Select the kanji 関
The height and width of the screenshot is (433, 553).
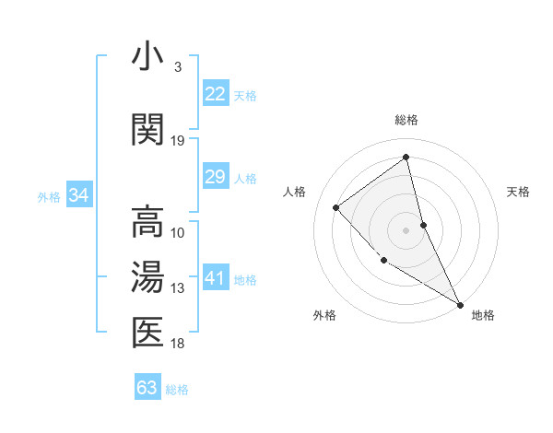click(x=147, y=130)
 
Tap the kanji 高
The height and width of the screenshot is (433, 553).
click(x=147, y=222)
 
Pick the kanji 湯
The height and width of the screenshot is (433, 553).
click(x=147, y=278)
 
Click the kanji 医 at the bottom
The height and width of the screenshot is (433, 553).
click(x=147, y=333)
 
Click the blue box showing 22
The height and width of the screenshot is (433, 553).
click(x=215, y=94)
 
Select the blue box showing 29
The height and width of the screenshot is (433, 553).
click(x=215, y=177)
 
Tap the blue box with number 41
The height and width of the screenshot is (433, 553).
click(x=215, y=278)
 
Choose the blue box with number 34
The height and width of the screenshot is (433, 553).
click(x=79, y=195)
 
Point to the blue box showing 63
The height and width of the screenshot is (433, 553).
click(x=147, y=387)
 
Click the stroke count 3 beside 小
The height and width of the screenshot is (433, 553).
click(x=177, y=67)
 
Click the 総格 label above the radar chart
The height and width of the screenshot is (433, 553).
click(x=406, y=120)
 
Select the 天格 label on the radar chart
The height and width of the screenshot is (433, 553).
click(x=519, y=192)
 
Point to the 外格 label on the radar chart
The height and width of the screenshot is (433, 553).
click(x=324, y=315)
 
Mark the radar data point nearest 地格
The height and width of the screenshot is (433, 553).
click(x=460, y=305)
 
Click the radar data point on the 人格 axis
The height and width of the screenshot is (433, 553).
click(x=336, y=207)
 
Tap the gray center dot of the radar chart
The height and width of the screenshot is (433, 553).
click(x=406, y=229)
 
